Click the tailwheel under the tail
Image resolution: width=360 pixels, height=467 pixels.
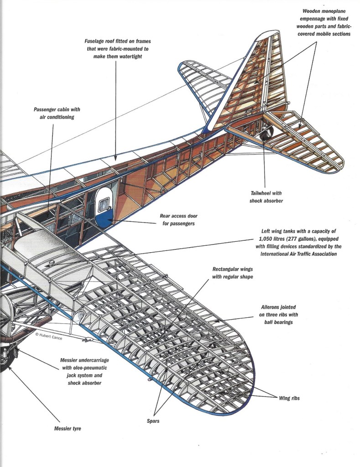tap(266, 133)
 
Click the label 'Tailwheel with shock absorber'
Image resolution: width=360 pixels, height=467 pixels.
tap(267, 197)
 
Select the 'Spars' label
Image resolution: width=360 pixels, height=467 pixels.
tap(153, 421)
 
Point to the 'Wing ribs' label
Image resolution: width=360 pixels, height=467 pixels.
tap(289, 398)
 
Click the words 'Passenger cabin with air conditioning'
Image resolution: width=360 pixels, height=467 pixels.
tap(53, 113)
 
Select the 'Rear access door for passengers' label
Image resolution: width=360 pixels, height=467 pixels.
tap(179, 220)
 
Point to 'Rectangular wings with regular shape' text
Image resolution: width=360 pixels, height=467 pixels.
tap(233, 272)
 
